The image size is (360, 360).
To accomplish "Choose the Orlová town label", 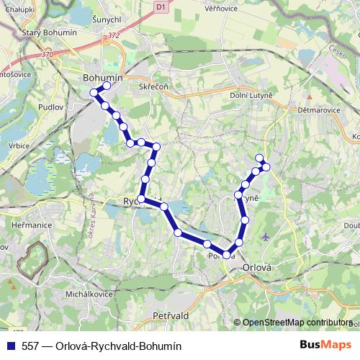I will pos(257,266).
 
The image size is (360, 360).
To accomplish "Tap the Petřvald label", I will pos(172,315).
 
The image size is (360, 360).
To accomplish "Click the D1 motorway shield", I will pos(160,6).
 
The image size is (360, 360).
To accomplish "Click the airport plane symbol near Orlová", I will pos(267,236).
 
